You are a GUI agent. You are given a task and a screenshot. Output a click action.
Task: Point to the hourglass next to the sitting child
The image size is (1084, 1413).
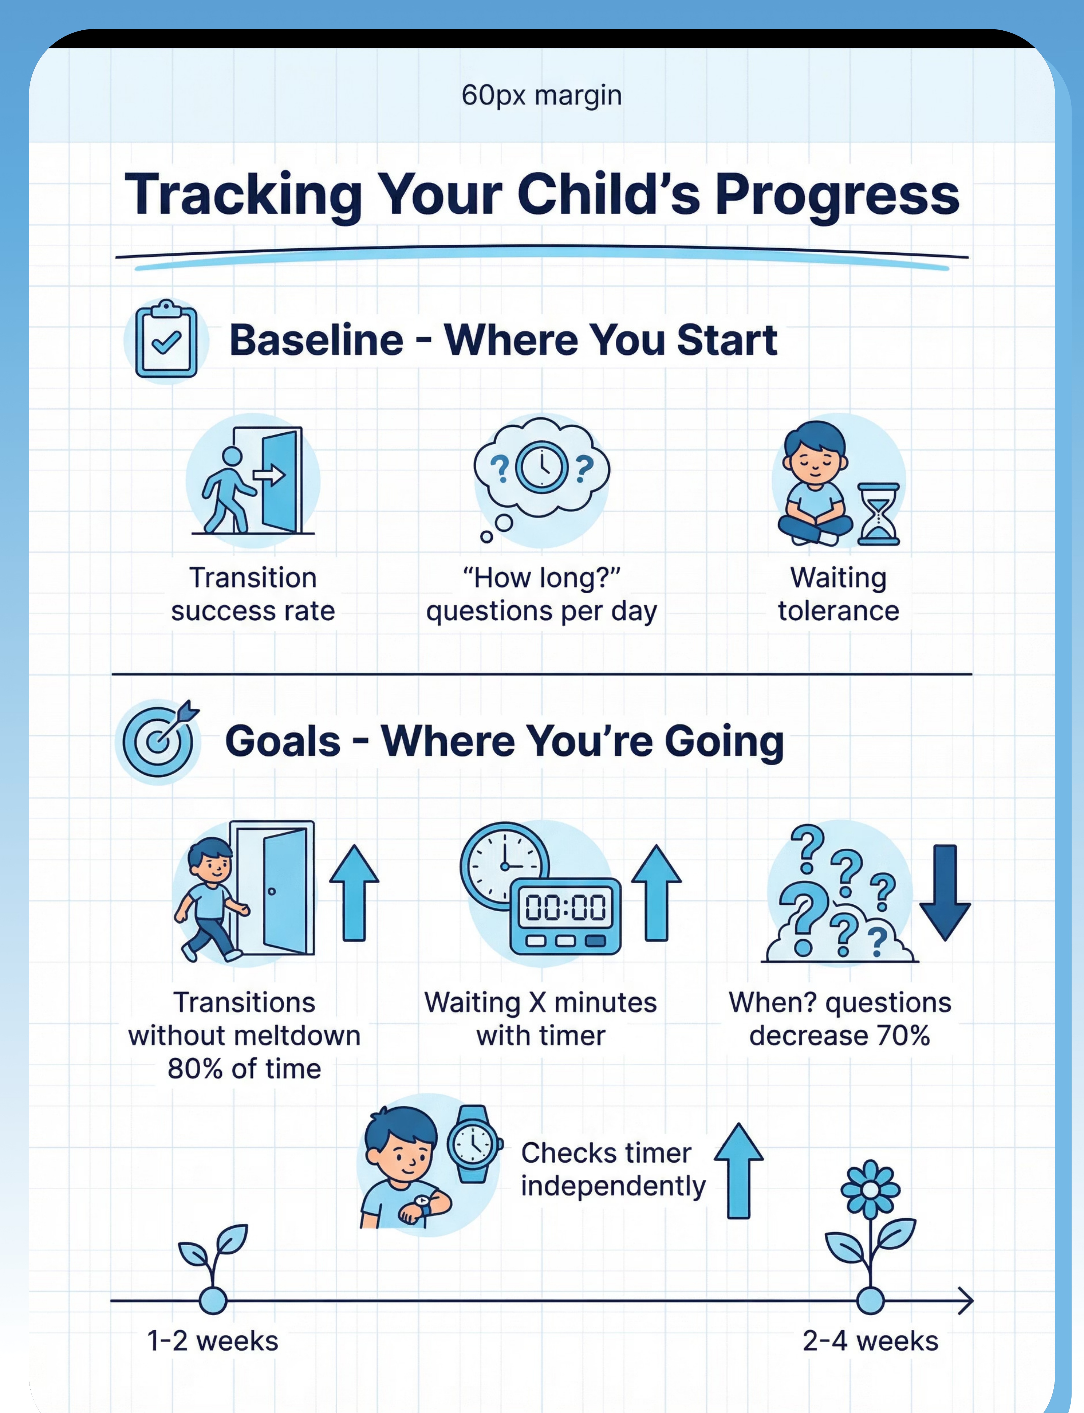click(878, 514)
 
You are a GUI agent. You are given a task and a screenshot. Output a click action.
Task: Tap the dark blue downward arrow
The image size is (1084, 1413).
click(945, 892)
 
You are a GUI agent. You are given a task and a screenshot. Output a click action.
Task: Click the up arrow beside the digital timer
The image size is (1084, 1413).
click(656, 892)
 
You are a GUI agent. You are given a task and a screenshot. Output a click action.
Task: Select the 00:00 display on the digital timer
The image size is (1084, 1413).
click(565, 906)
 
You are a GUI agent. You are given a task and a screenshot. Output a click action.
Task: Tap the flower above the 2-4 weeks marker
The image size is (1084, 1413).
click(870, 1226)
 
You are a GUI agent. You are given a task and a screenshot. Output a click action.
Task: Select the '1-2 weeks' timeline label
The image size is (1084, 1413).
click(213, 1341)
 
